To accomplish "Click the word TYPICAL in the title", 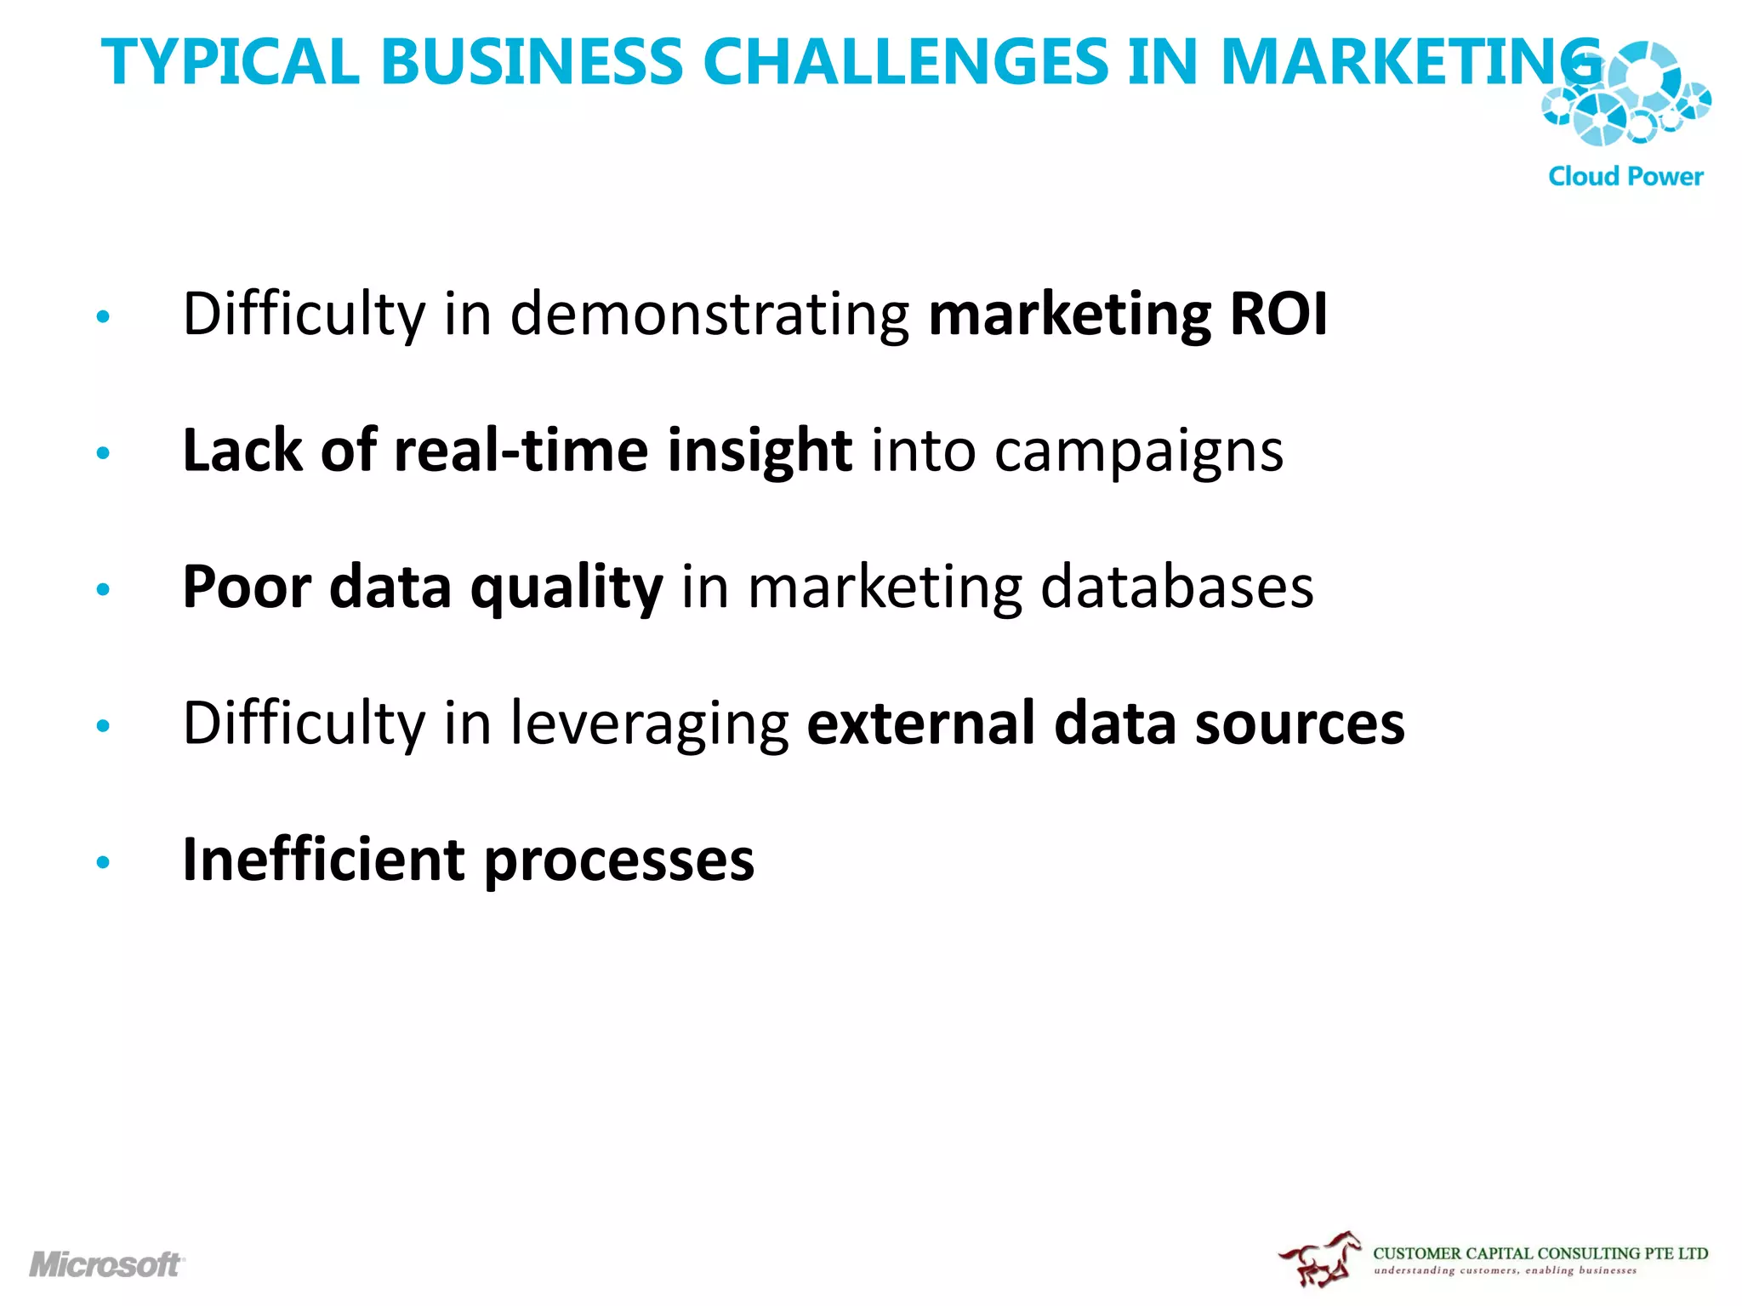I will (x=230, y=62).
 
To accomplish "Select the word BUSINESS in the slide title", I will (x=532, y=62).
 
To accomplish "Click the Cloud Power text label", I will (x=1625, y=177).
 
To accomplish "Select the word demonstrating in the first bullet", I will (x=709, y=314).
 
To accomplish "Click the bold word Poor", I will (x=247, y=587).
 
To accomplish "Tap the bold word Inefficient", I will (x=324, y=859).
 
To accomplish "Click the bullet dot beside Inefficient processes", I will (x=104, y=862).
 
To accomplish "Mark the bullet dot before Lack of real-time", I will (x=104, y=453).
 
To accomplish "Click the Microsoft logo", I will (x=107, y=1264).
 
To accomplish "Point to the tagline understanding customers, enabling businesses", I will (x=1505, y=1271).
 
